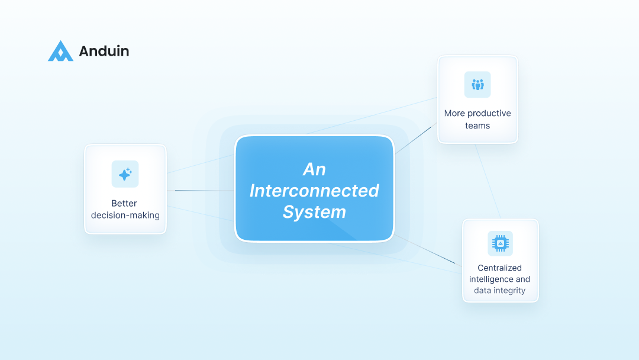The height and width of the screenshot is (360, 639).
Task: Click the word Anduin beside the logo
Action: click(104, 52)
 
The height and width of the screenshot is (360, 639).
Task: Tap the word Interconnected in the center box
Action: click(314, 191)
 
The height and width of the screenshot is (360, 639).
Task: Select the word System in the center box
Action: click(314, 212)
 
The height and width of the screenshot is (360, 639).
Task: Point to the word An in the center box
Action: click(314, 169)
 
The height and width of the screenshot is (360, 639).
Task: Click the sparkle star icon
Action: click(125, 174)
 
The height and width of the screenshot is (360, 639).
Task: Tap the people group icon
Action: click(477, 85)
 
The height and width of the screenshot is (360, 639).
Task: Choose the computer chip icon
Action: click(500, 243)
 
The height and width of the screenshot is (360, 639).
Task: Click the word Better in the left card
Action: click(124, 203)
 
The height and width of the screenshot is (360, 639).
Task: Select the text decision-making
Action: click(125, 215)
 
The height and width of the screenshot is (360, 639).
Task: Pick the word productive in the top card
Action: click(489, 113)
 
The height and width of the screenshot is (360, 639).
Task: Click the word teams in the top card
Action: click(477, 126)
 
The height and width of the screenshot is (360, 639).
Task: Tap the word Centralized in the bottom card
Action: click(500, 268)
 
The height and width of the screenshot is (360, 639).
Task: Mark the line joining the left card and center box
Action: click(201, 191)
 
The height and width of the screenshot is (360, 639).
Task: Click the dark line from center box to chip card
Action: click(426, 250)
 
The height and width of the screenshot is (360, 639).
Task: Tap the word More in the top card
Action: click(454, 113)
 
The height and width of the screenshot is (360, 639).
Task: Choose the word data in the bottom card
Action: click(483, 290)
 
